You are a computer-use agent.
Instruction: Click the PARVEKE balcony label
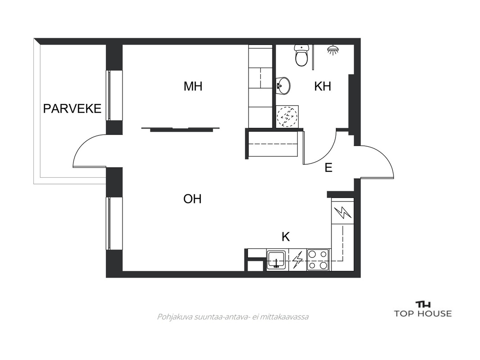click(x=72, y=108)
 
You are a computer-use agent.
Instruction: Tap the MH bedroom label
click(x=193, y=86)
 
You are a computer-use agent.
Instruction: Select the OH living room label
click(x=192, y=199)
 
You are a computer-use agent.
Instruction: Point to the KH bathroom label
click(x=323, y=86)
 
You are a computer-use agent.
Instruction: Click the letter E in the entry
click(x=328, y=167)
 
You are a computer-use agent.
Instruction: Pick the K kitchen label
click(x=285, y=236)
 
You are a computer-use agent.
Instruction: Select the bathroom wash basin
click(x=283, y=85)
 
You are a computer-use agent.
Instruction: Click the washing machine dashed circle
click(x=287, y=116)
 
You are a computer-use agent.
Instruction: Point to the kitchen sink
click(x=276, y=260)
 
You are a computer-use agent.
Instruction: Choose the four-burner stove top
click(x=318, y=260)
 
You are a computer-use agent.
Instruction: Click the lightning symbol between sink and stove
click(x=297, y=260)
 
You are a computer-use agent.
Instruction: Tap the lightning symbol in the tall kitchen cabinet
click(x=343, y=212)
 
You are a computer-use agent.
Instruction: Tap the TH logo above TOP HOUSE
click(x=423, y=304)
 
